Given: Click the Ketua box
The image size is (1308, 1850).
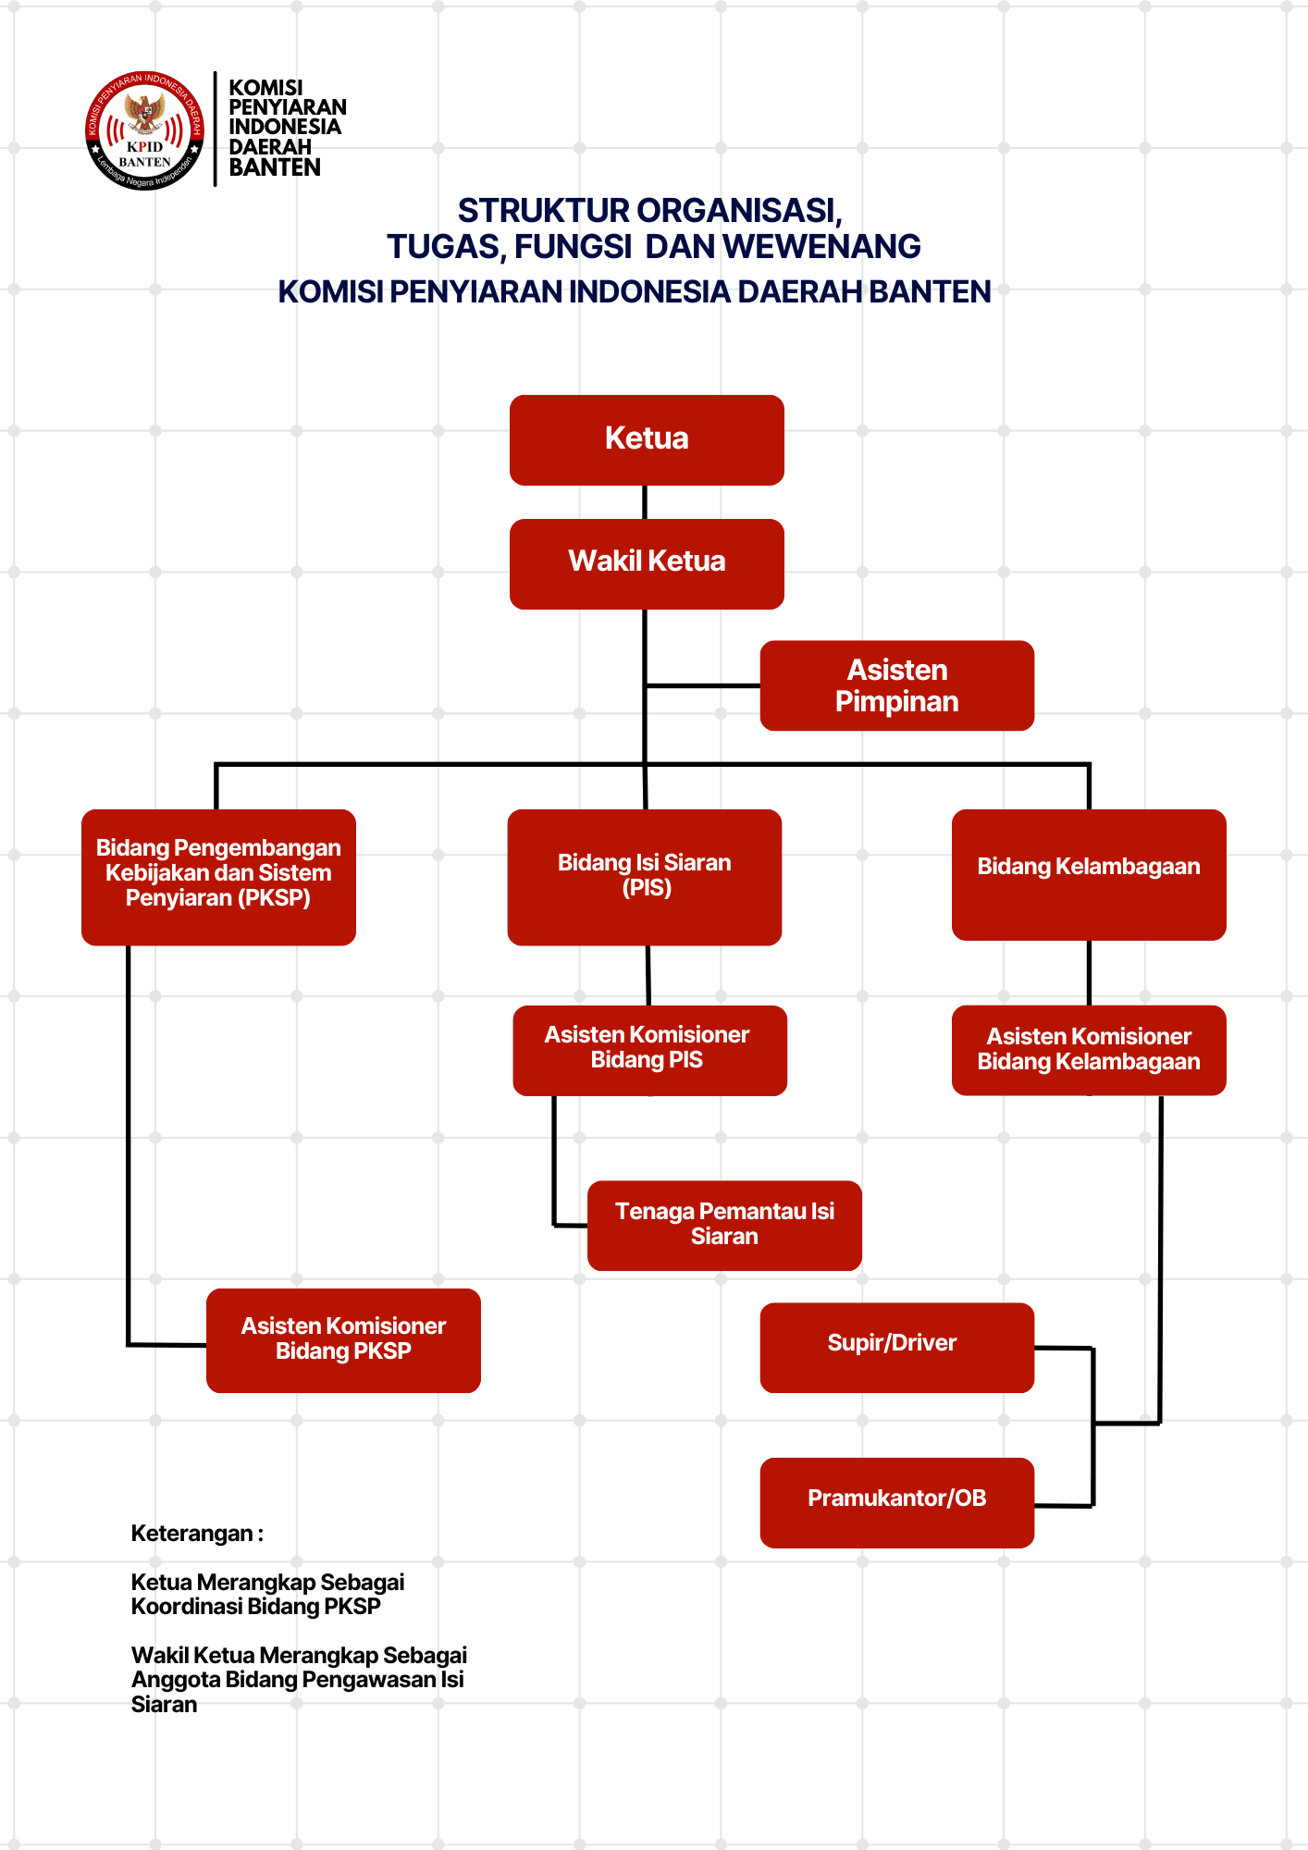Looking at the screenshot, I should [x=647, y=439].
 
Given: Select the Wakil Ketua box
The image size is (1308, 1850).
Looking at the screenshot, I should [x=647, y=563].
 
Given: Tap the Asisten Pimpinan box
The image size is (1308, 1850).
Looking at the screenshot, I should [x=896, y=685].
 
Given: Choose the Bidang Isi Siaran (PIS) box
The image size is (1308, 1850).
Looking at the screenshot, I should [x=645, y=876].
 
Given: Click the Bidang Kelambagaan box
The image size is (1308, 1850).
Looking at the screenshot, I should [x=1089, y=874].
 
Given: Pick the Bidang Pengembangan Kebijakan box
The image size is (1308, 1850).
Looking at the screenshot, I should [x=218, y=876].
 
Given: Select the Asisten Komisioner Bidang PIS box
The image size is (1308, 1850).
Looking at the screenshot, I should [x=649, y=1050].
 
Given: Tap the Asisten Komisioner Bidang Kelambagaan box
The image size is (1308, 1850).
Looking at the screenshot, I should [x=1089, y=1050].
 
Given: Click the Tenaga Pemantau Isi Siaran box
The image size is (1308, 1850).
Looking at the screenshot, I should [x=724, y=1225].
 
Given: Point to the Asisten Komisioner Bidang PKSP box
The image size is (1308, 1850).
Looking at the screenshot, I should [x=343, y=1339].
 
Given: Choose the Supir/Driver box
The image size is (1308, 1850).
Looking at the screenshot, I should [x=896, y=1347].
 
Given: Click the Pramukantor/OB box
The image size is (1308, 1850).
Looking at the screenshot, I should [x=896, y=1502].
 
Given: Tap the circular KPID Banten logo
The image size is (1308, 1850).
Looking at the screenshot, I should [x=144, y=130].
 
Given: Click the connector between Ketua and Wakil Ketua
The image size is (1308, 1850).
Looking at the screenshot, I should [x=645, y=502].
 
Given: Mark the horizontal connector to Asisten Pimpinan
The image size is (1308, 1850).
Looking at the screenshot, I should [x=703, y=685].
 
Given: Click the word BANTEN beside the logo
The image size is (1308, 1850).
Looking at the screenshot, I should [x=275, y=167].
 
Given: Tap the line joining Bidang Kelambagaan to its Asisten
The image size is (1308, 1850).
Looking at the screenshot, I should [x=1089, y=972].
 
